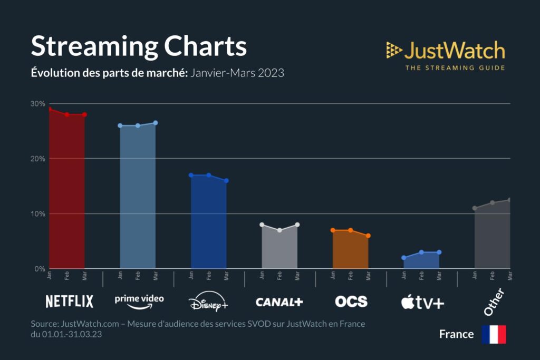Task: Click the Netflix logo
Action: [69, 301]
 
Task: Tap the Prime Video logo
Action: [139, 301]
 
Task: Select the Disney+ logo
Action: [208, 302]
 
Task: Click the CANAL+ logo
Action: [279, 302]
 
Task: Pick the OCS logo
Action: [351, 301]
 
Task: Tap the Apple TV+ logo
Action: [422, 302]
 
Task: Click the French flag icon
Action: [494, 334]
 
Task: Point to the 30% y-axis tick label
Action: [37, 104]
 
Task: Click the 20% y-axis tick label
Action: [37, 159]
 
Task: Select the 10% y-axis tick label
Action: [37, 214]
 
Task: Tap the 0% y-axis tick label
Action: [40, 269]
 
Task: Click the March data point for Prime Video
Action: [156, 123]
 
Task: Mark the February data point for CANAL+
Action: [279, 230]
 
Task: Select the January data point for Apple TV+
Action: [404, 258]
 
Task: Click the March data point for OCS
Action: [368, 236]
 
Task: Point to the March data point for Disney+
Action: [226, 181]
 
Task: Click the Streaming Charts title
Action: [139, 47]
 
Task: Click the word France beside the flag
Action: [456, 334]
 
